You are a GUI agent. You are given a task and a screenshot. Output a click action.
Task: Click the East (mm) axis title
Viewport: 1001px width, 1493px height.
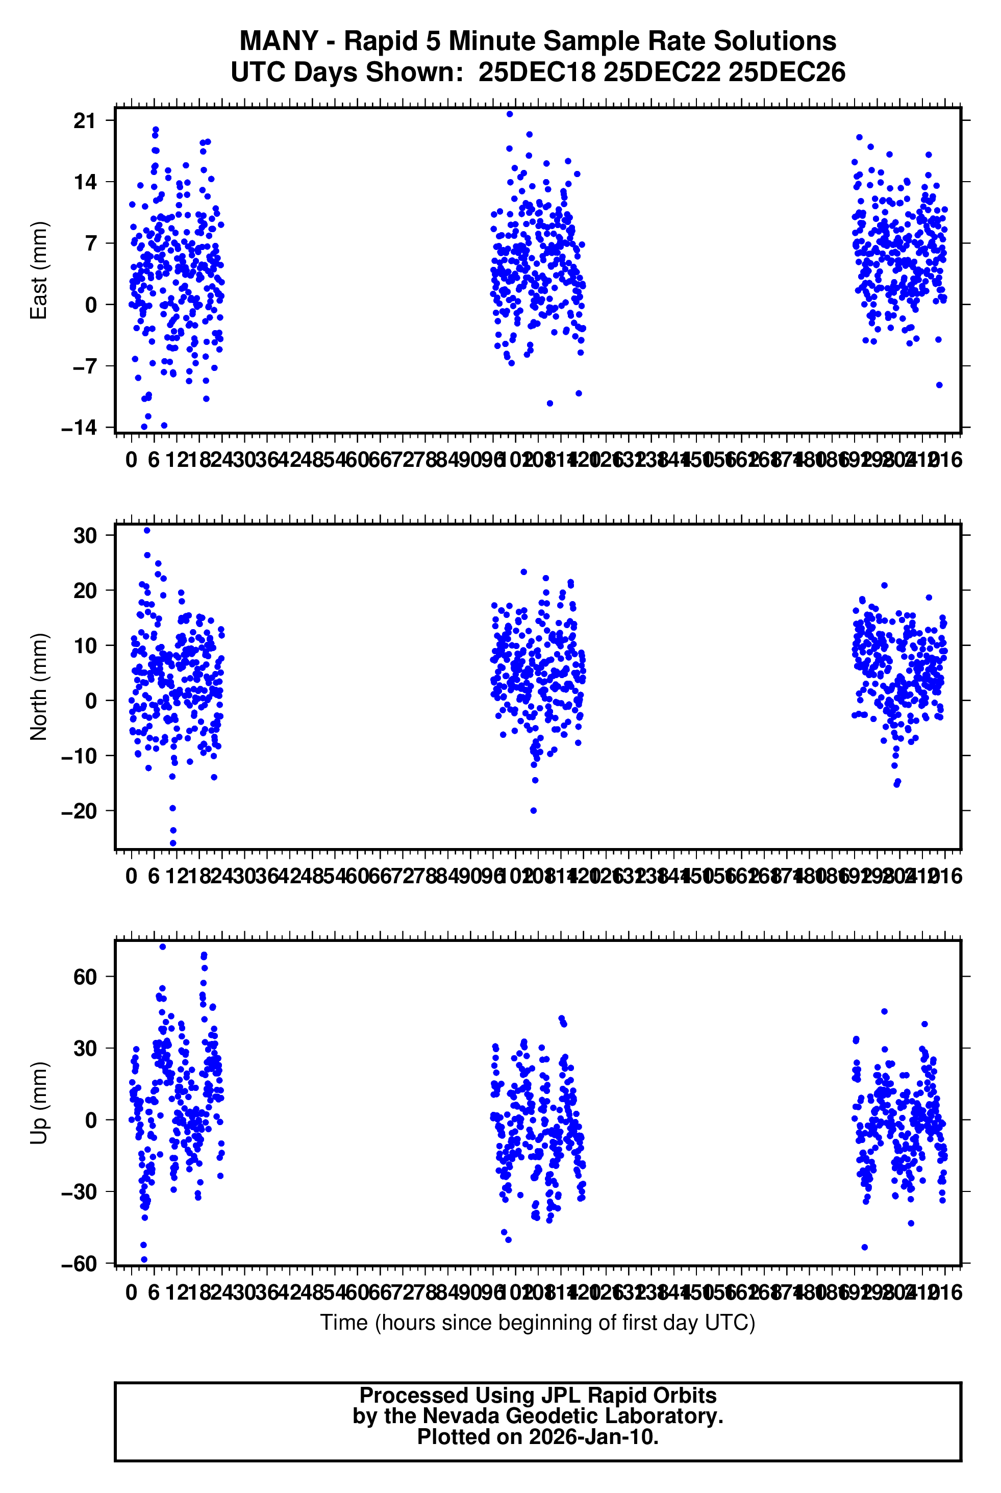[39, 270]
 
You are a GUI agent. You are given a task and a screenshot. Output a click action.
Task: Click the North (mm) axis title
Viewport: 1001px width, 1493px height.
[39, 687]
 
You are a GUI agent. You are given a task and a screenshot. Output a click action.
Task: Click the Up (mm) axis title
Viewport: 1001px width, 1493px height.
[39, 1103]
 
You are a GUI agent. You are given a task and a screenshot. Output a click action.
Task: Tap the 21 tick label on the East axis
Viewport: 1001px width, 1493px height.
[84, 120]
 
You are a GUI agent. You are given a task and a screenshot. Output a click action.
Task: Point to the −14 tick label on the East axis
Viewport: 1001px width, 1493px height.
[79, 428]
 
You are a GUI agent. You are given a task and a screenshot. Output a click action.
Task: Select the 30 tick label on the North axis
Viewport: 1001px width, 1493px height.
[85, 536]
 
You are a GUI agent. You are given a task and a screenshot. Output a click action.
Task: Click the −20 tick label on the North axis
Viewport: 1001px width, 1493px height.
[79, 811]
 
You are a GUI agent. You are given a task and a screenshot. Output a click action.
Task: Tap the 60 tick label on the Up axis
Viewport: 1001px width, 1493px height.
[85, 977]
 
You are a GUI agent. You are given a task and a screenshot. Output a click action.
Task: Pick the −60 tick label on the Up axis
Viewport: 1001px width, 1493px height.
[79, 1264]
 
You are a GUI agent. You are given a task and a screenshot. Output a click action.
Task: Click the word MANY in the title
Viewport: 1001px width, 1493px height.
[279, 41]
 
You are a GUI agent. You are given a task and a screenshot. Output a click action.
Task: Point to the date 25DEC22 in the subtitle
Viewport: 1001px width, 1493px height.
[661, 72]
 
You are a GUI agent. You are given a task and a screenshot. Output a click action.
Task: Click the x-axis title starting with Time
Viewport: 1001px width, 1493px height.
[538, 1322]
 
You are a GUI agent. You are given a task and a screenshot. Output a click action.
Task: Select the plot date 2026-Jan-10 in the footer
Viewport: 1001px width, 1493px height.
[593, 1437]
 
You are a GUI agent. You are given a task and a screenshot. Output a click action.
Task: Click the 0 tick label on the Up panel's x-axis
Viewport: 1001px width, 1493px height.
[132, 1292]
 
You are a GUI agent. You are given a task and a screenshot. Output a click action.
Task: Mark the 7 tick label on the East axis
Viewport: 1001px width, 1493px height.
[91, 243]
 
